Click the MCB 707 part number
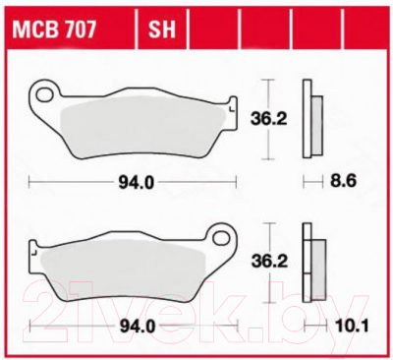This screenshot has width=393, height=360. pos(54,30)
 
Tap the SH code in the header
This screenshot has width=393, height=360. pos(162,30)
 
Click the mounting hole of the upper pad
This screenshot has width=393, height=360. pos(44,94)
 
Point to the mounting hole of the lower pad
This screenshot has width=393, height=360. pos(221,238)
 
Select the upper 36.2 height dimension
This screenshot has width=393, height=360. pos(268,119)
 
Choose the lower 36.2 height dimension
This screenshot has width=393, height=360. pos(269,262)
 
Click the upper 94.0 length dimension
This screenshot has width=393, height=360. pos(136,183)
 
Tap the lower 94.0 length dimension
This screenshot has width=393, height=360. pos(138,327)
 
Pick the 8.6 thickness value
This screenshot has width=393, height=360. pos(343,181)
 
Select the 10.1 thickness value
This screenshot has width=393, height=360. pos(352,326)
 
